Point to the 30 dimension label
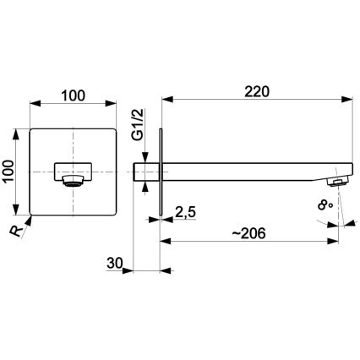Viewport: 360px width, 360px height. [117, 265]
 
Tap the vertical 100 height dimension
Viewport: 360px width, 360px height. [10, 172]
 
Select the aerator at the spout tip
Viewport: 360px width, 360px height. [339, 181]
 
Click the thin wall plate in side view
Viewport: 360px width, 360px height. [160, 172]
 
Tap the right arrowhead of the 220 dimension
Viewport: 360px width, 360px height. [349, 102]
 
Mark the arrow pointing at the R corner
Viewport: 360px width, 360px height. [30, 218]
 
